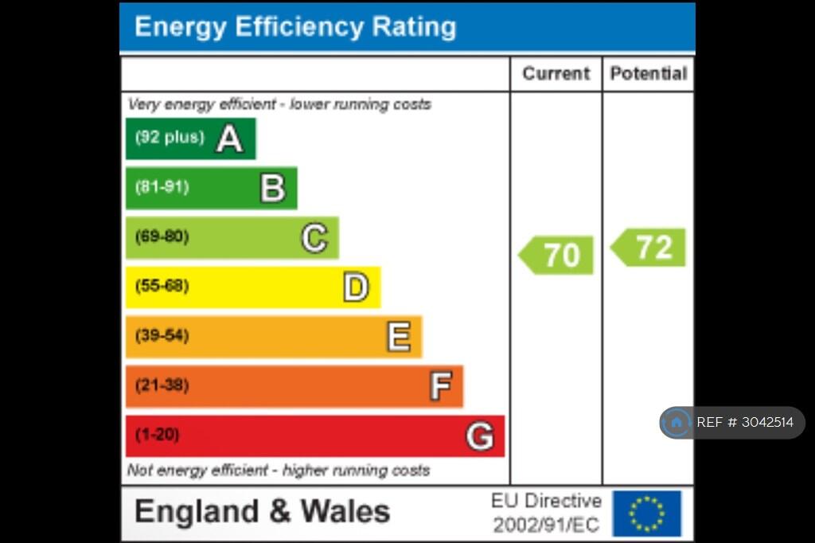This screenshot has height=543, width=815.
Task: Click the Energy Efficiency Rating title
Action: tap(295, 27)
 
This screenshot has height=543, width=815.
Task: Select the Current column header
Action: tap(556, 74)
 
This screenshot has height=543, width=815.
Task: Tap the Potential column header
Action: tap(649, 74)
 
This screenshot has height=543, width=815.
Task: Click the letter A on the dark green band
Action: tap(230, 139)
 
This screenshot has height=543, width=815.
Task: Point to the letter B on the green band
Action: tap(273, 188)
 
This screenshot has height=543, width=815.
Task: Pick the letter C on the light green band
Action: tap(314, 238)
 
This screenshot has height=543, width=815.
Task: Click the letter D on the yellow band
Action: tap(356, 287)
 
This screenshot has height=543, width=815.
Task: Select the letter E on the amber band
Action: tap(400, 337)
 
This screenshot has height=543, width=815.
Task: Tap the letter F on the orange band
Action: tap(441, 386)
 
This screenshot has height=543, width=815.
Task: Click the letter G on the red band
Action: tap(480, 436)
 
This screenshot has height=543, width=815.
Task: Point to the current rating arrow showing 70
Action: tap(556, 255)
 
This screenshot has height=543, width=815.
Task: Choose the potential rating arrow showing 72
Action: tap(648, 248)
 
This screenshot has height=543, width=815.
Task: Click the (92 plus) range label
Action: tap(170, 137)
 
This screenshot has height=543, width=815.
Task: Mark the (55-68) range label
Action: tap(162, 286)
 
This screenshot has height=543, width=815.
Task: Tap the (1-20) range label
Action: tap(157, 434)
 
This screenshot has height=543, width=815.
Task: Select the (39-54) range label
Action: tap(162, 335)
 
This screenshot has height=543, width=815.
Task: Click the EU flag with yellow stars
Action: tap(646, 514)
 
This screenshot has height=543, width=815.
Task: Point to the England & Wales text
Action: tap(263, 511)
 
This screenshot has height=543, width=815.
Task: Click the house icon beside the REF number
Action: tap(677, 422)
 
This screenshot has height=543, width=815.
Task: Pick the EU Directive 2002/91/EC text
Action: tap(546, 513)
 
